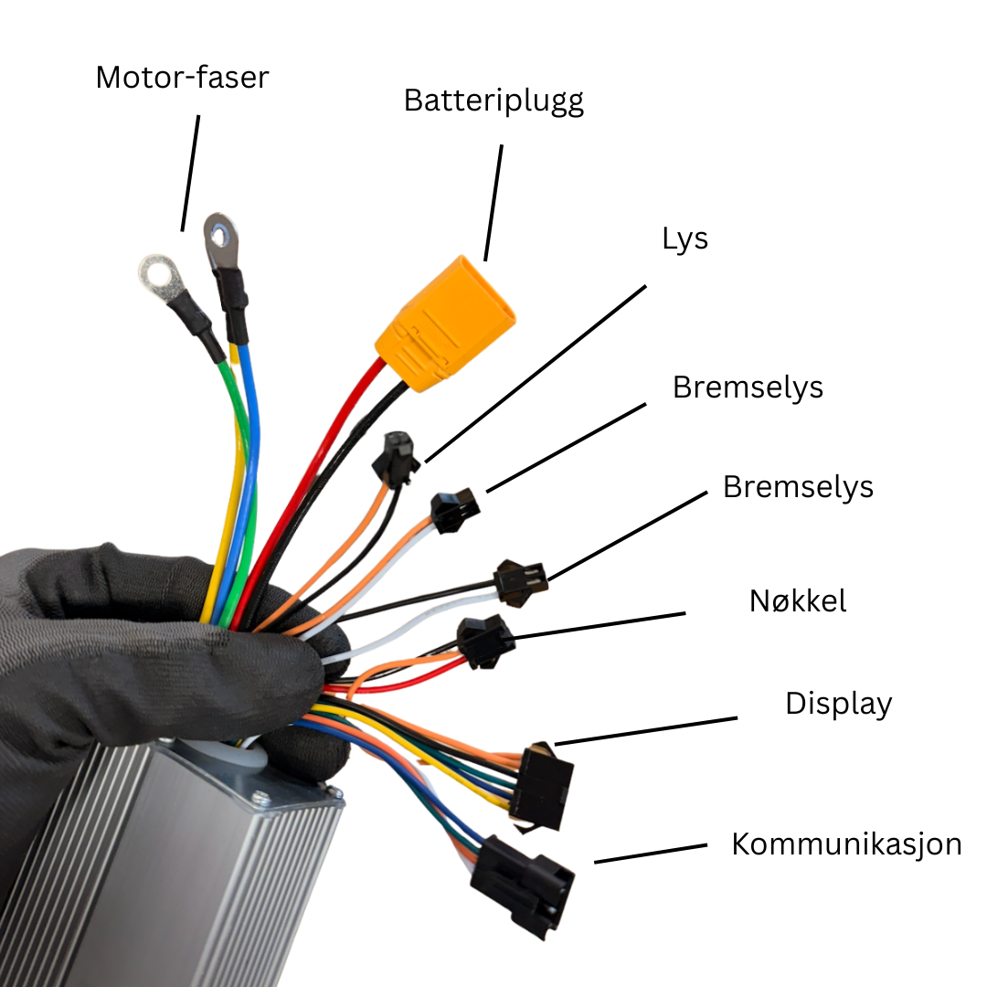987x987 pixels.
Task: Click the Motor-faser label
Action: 182,78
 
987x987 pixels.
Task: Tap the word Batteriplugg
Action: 494,101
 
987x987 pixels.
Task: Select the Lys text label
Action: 685,239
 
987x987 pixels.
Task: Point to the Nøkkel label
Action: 798,601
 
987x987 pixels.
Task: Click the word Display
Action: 838,705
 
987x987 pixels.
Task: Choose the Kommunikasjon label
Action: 846,844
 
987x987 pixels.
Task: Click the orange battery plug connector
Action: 445,323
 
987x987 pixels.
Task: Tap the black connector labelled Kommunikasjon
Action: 522,885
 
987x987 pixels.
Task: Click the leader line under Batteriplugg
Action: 493,203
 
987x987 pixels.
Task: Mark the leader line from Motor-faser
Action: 190,173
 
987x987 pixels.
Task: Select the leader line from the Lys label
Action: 536,374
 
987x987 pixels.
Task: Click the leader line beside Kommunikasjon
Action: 651,854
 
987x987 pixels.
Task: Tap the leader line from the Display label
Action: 646,731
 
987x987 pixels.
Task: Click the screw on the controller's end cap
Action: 260,799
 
